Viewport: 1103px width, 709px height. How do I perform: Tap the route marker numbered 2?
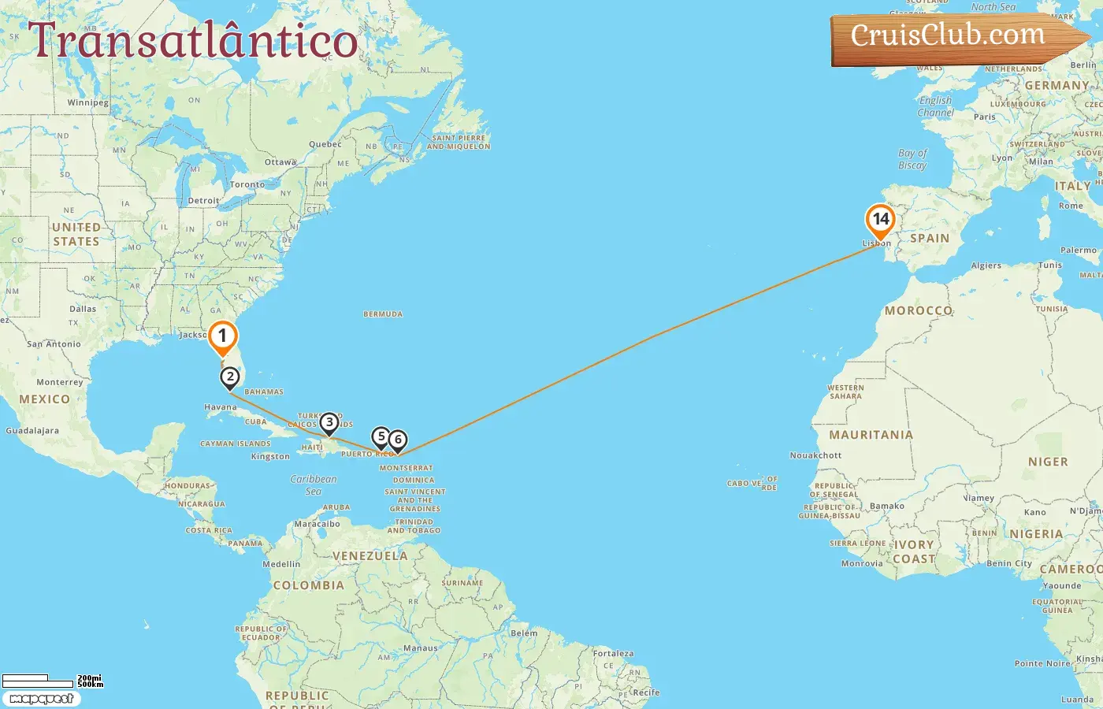click(229, 377)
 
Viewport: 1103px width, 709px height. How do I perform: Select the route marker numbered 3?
click(329, 423)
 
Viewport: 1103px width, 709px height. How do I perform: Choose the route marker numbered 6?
click(398, 440)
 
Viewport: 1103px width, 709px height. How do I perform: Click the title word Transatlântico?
click(193, 41)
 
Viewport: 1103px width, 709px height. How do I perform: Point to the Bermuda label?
click(383, 314)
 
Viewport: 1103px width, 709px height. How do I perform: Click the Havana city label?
click(220, 408)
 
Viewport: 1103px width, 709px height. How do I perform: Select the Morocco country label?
click(919, 311)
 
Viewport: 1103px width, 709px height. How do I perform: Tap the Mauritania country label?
click(871, 435)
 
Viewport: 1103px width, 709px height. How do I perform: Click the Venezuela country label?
click(370, 556)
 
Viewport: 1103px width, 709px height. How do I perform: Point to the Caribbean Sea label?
click(313, 484)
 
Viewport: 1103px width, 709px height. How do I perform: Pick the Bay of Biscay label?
click(912, 159)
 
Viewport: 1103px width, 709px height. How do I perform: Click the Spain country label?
click(930, 238)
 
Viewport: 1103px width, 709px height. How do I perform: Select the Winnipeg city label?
click(88, 103)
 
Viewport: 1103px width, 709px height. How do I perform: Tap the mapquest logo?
click(41, 699)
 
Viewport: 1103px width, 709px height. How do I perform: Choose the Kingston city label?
click(270, 457)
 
